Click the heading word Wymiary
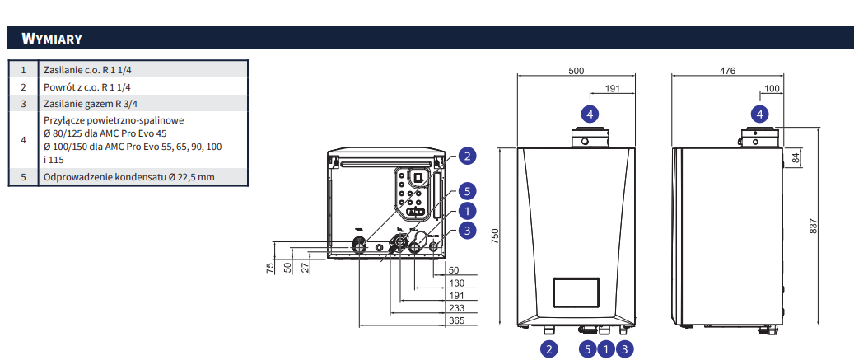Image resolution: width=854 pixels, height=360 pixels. (52, 39)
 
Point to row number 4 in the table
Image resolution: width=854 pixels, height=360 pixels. (23, 140)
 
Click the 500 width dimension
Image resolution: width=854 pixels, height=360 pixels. (576, 71)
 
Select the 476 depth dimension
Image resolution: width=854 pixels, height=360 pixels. (728, 71)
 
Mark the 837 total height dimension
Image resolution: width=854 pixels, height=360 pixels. (813, 227)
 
